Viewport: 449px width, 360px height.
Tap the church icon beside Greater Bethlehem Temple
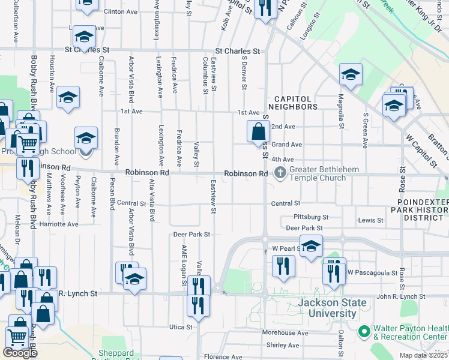point(280,173)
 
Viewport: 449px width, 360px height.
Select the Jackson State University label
point(327,308)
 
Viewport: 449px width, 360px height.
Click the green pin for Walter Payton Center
point(363,331)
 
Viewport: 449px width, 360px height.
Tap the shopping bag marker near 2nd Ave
point(258,131)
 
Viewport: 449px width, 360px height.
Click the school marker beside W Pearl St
point(311,246)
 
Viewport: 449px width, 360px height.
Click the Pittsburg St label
point(311,217)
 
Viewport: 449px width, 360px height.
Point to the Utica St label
point(180,327)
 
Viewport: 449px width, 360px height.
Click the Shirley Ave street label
point(283,345)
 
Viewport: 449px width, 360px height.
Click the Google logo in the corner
point(20,353)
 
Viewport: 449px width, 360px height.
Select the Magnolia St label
point(340,111)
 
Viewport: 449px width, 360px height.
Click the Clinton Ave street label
point(121,11)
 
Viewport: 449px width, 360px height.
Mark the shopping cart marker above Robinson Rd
point(27,143)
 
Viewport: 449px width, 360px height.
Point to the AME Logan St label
point(185,261)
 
